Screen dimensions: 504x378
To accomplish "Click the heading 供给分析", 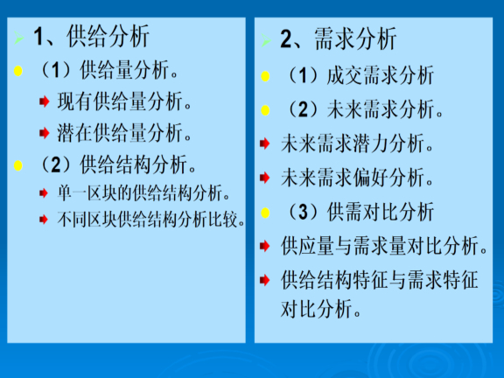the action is pyautogui.click(x=108, y=36).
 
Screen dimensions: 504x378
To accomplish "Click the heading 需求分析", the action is pyautogui.click(x=355, y=38).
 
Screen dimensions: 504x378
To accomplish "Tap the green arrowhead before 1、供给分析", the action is pyautogui.click(x=18, y=38).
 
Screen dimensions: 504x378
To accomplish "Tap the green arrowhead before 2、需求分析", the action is pyautogui.click(x=266, y=40).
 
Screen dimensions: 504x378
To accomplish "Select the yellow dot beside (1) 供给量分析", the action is pyautogui.click(x=18, y=71).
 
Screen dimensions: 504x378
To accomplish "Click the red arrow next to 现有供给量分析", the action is pyautogui.click(x=44, y=101).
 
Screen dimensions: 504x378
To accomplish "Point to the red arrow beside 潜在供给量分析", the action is pyautogui.click(x=44, y=133).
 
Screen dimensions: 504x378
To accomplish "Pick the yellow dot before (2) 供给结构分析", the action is pyautogui.click(x=18, y=165).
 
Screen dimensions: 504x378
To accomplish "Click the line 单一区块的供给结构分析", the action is pyautogui.click(x=143, y=193).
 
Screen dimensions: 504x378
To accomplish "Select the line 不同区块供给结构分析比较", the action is pyautogui.click(x=151, y=220).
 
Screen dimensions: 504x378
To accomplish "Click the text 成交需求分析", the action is pyautogui.click(x=381, y=76).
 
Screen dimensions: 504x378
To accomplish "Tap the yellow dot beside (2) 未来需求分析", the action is pyautogui.click(x=265, y=110).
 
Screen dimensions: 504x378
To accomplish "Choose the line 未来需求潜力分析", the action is pyautogui.click(x=357, y=143).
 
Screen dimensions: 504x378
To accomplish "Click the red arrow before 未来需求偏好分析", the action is pyautogui.click(x=264, y=178).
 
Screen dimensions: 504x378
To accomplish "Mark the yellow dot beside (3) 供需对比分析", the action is pyautogui.click(x=265, y=213).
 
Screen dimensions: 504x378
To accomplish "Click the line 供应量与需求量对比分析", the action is pyautogui.click(x=384, y=246).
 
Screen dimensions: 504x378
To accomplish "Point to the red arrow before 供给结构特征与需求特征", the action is pyautogui.click(x=264, y=280).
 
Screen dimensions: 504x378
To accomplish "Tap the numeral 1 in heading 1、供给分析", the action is pyautogui.click(x=38, y=37).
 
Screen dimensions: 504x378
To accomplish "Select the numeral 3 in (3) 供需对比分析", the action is pyautogui.click(x=303, y=212).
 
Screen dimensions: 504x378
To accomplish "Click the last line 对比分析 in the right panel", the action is pyautogui.click(x=321, y=309).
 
